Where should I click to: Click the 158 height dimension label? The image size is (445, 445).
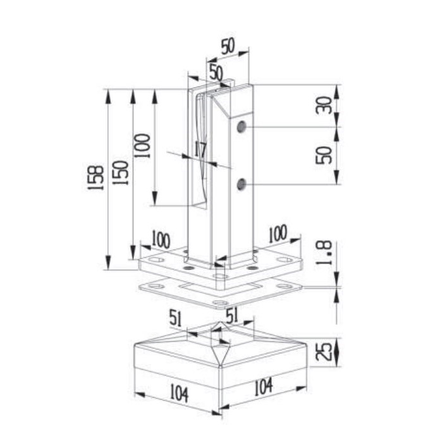coord(95,178)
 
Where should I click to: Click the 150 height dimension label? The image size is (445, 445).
coord(120,173)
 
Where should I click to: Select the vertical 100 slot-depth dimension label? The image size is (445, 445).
coord(142,145)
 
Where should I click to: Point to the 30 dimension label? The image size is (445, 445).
coord(324,106)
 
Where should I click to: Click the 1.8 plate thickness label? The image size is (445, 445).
coord(324,253)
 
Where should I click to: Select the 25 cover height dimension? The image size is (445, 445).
coord(324,352)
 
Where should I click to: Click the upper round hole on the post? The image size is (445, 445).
coord(241,126)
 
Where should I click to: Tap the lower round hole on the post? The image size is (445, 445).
coord(241,185)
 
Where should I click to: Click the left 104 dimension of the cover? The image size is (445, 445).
coord(179,393)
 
